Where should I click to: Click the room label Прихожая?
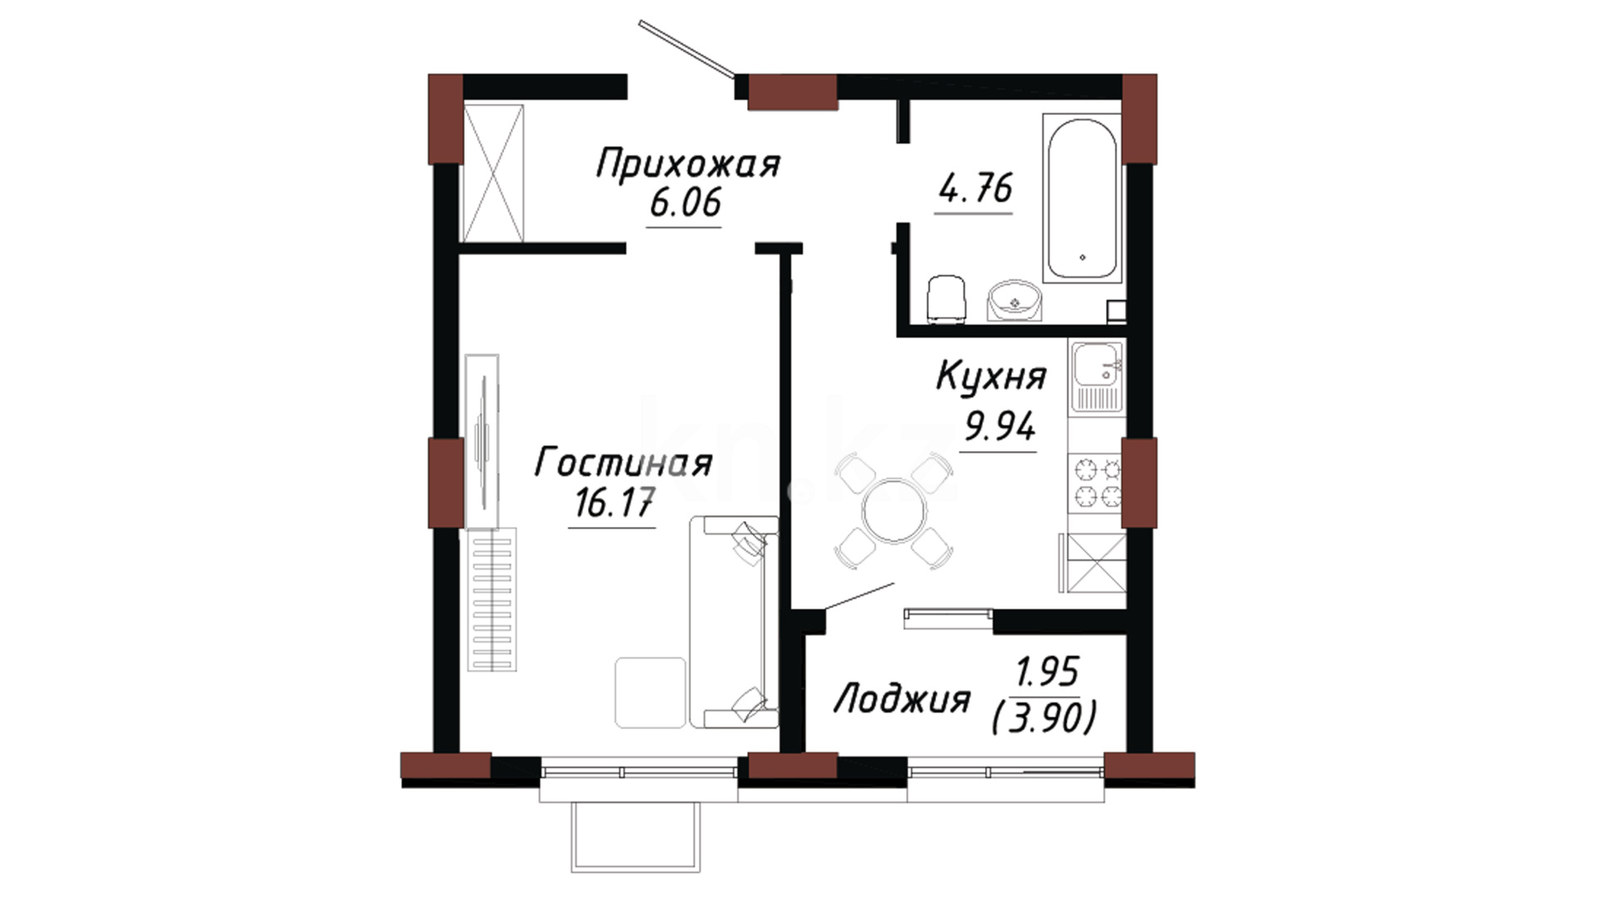point(688,163)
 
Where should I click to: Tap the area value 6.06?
point(685,203)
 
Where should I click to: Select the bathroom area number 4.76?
point(975,188)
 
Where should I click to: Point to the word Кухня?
point(991,376)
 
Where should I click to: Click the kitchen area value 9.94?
point(999,426)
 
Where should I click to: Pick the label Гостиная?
point(623,463)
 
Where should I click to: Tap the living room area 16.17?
point(614,503)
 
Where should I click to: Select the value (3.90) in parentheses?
point(1044,718)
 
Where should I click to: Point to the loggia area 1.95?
point(1047,671)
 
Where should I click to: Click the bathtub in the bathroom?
point(1082,198)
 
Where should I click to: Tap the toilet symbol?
point(947,298)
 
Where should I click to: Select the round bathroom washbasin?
point(1014,300)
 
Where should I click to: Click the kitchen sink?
point(1097,375)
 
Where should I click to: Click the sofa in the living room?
point(734,622)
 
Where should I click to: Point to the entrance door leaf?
point(687,47)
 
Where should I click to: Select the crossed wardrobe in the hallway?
point(493,173)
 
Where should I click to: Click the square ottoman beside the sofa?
point(650,693)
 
